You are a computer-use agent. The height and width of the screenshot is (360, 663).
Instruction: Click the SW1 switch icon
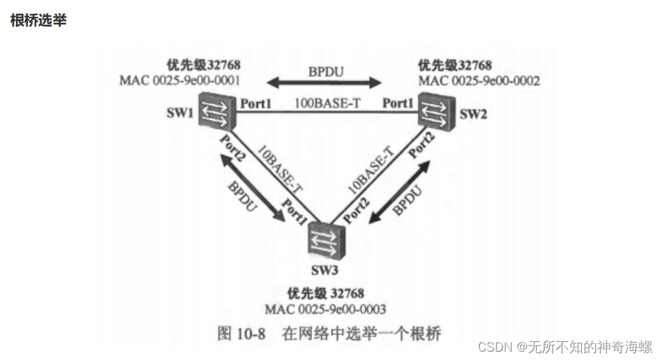[214, 113]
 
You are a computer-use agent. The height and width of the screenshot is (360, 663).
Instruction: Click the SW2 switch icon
[436, 114]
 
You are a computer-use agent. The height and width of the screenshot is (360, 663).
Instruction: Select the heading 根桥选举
[39, 20]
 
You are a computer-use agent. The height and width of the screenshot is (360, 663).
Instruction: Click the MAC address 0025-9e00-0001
[180, 80]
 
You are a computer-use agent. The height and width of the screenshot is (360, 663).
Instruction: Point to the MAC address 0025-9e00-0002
[479, 80]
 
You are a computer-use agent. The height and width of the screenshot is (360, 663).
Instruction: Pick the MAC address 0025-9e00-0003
[325, 308]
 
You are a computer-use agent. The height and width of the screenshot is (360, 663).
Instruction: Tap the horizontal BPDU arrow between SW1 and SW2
[325, 84]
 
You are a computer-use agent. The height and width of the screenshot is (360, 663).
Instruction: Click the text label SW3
[324, 267]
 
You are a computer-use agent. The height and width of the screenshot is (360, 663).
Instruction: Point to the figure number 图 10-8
[241, 334]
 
